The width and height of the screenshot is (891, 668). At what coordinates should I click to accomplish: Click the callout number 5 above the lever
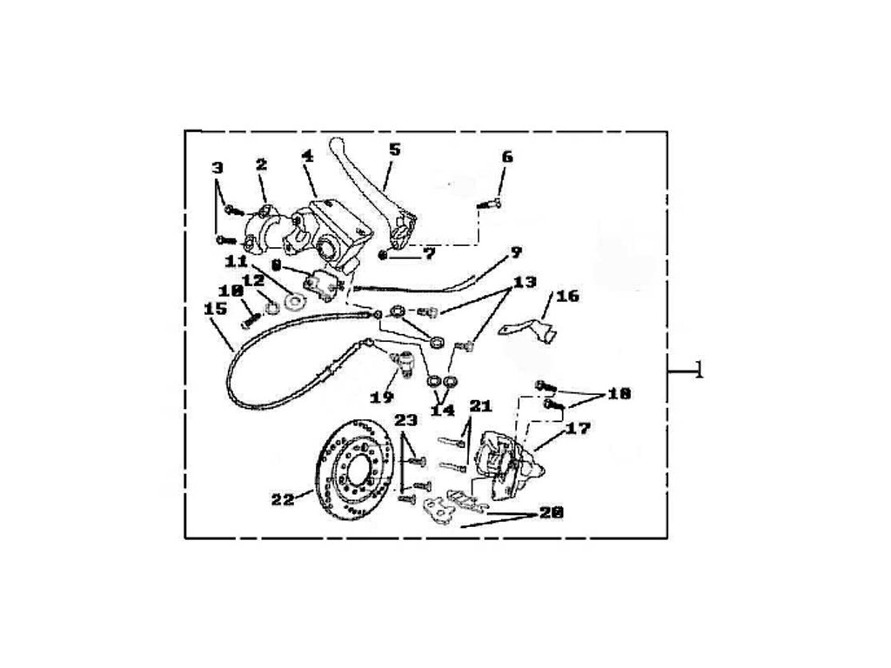(394, 149)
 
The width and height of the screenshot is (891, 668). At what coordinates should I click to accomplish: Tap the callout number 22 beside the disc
(283, 499)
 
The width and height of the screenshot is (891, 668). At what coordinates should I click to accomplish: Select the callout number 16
(567, 296)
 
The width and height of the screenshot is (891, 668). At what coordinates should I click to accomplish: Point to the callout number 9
(515, 252)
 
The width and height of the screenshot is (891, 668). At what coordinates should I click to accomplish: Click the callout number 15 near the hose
(215, 308)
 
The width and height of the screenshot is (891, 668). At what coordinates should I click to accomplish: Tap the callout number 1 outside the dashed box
(698, 372)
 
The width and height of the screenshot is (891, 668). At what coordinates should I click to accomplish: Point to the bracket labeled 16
(527, 329)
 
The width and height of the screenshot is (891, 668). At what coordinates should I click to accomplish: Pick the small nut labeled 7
(384, 256)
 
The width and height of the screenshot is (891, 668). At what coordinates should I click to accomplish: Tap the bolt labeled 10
(247, 318)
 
